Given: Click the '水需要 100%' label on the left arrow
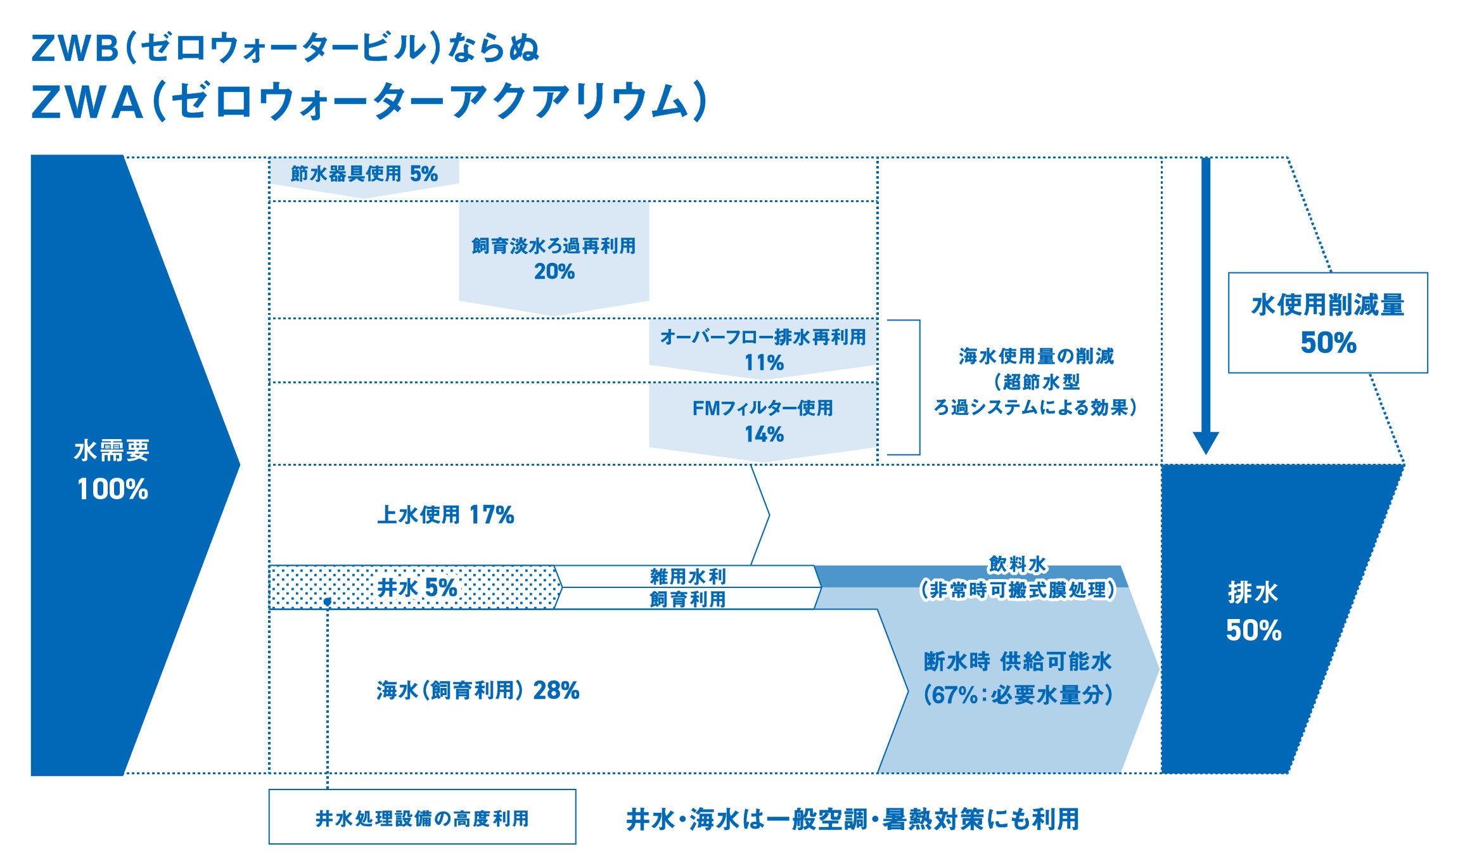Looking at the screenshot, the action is click(x=112, y=470).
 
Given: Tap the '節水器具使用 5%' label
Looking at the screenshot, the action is click(x=364, y=174).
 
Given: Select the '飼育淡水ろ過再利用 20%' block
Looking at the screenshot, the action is click(x=554, y=258).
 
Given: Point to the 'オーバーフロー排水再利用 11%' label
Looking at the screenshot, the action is click(x=763, y=349).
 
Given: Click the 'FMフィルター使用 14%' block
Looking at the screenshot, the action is click(x=763, y=421).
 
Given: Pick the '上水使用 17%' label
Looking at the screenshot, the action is click(x=445, y=515).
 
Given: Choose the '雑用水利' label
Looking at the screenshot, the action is click(x=688, y=576).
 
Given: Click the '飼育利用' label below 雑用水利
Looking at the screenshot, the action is click(x=688, y=599).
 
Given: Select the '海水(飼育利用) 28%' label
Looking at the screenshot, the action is click(x=478, y=690).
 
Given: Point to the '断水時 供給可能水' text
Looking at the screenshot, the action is click(x=1018, y=662).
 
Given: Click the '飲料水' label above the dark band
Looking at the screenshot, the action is click(x=1018, y=563).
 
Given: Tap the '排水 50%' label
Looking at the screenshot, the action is click(x=1253, y=611).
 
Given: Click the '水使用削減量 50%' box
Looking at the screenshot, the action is click(x=1327, y=323).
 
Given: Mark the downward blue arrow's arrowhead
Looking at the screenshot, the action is click(x=1206, y=442).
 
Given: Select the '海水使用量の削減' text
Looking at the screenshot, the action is click(x=1036, y=356).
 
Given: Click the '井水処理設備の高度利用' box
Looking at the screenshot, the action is click(x=422, y=817).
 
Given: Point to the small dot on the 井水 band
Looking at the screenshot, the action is click(x=328, y=601).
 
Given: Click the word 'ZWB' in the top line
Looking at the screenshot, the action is click(x=75, y=49).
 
